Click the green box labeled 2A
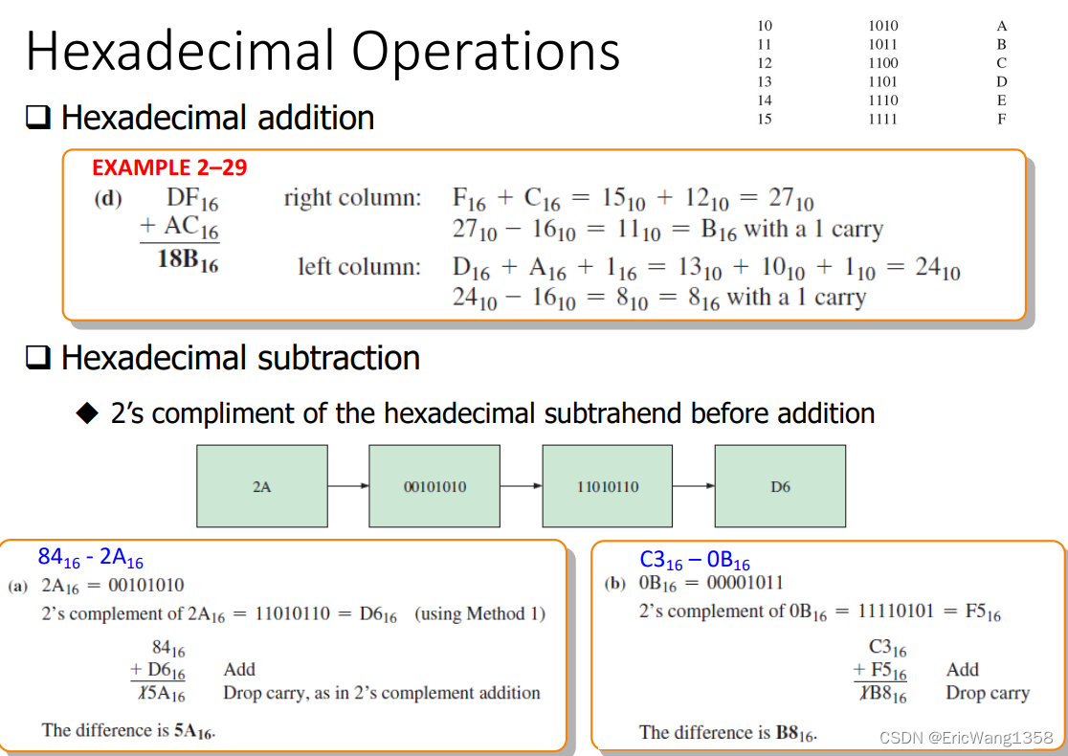[x=261, y=486]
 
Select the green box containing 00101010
[x=434, y=486]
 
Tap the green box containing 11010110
[x=608, y=486]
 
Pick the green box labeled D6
[x=780, y=486]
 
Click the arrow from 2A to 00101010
[x=348, y=486]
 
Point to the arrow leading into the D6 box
[x=694, y=486]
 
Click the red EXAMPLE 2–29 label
[x=169, y=168]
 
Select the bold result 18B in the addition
[x=187, y=260]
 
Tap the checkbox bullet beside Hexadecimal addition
[x=38, y=119]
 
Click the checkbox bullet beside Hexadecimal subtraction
[x=38, y=359]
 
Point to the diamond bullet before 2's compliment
[x=89, y=413]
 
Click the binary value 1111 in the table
[x=882, y=119]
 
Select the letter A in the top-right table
[x=1001, y=27]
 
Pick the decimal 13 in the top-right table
[x=764, y=81]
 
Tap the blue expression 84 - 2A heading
[x=91, y=558]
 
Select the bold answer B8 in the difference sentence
[x=793, y=734]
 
